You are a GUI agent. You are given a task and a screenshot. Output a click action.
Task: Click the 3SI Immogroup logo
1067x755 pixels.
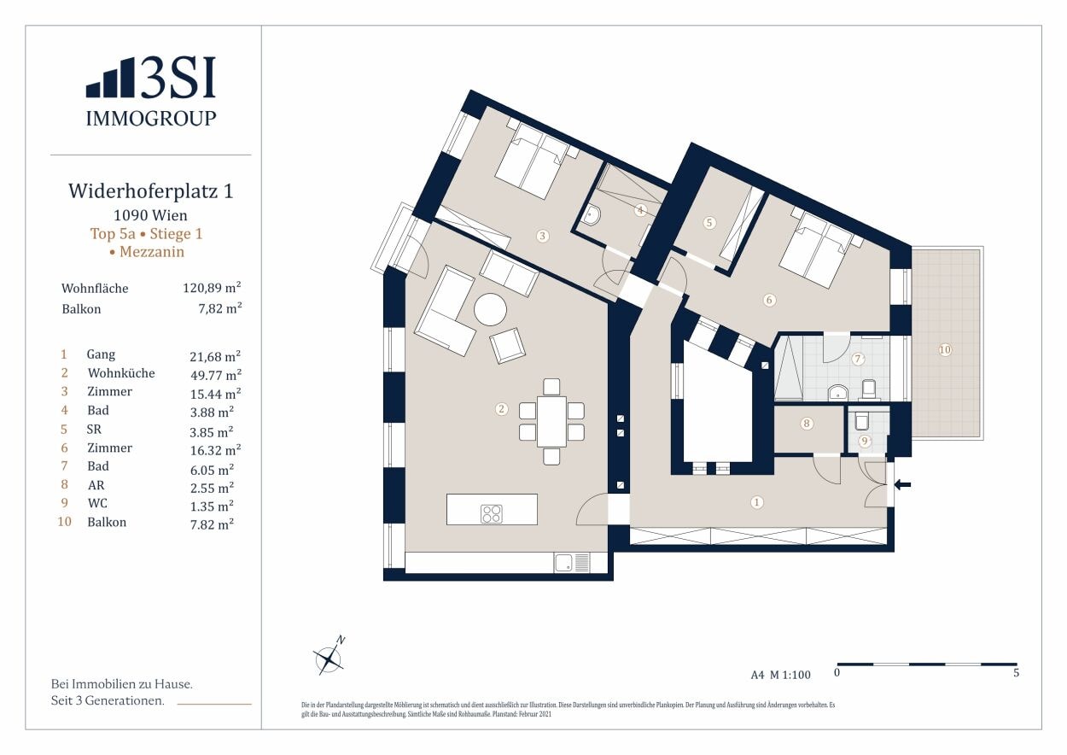click(x=151, y=91)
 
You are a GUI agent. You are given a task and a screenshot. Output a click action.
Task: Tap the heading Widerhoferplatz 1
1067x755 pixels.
click(x=150, y=191)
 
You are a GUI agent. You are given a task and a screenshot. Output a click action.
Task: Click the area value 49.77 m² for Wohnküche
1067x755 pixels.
click(x=215, y=373)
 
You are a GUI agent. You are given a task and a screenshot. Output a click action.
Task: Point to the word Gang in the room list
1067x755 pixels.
click(x=101, y=354)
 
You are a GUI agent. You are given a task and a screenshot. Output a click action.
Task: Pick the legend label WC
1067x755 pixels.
click(x=97, y=504)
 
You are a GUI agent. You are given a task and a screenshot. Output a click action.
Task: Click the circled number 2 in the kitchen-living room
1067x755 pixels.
click(x=501, y=409)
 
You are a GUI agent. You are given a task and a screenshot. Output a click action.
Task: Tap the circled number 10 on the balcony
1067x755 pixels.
click(x=944, y=349)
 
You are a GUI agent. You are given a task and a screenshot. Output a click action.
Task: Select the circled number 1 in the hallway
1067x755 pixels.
click(x=756, y=502)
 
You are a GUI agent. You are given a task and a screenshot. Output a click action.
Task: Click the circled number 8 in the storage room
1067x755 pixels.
click(x=806, y=423)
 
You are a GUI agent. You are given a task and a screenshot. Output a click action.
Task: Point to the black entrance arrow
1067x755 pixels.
click(x=902, y=485)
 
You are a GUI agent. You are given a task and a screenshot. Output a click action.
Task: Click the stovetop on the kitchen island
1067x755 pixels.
click(x=492, y=513)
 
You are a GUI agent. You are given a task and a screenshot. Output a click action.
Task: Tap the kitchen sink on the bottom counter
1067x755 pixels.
click(x=563, y=563)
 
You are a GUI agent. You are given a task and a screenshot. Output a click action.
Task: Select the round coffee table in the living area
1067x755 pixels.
click(x=491, y=309)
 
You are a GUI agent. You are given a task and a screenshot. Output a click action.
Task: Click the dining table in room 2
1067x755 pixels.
click(x=551, y=421)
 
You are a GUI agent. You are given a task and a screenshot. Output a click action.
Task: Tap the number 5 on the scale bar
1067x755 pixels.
click(x=1016, y=673)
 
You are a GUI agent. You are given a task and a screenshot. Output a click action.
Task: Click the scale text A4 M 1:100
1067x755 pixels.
click(x=780, y=675)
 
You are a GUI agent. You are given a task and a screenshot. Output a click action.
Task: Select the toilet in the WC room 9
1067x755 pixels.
click(x=860, y=422)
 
